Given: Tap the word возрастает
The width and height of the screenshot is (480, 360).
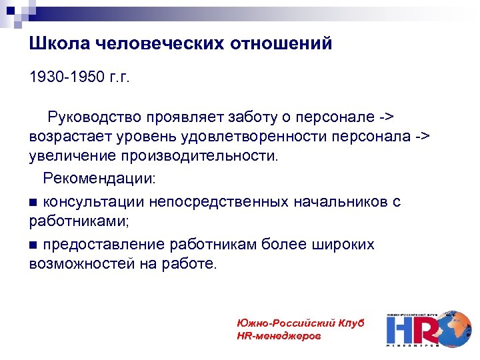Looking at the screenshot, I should pyautogui.click(x=72, y=137).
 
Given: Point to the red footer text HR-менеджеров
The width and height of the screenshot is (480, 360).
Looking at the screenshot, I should pyautogui.click(x=278, y=335).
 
